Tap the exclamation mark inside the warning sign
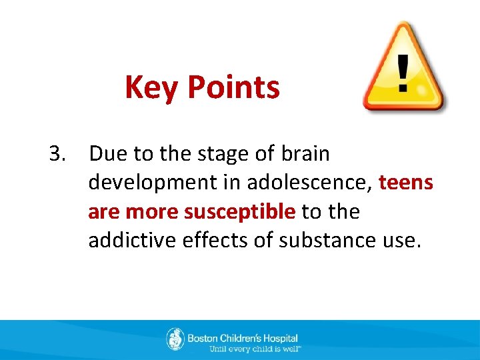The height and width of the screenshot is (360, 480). [402, 73]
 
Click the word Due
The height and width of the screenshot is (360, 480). [108, 154]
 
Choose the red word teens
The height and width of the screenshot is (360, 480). [406, 183]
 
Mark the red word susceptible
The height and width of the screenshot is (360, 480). [239, 212]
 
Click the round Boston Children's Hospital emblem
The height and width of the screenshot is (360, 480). [175, 339]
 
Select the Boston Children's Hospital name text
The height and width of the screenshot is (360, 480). [243, 338]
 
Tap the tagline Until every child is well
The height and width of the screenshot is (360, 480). [255, 349]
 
